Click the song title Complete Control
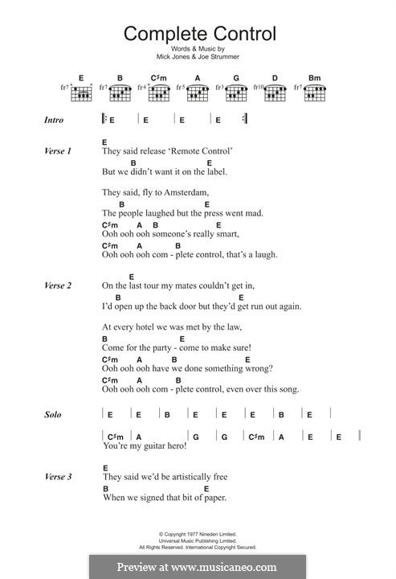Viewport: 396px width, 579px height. coord(198,34)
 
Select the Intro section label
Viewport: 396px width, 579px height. coord(55,121)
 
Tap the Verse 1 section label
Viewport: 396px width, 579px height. coord(58,151)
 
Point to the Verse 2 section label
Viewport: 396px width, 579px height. coord(58,285)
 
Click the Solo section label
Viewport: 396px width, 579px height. coord(53,416)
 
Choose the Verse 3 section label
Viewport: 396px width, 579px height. coord(58,477)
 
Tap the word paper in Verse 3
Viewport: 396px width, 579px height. coord(212,498)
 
